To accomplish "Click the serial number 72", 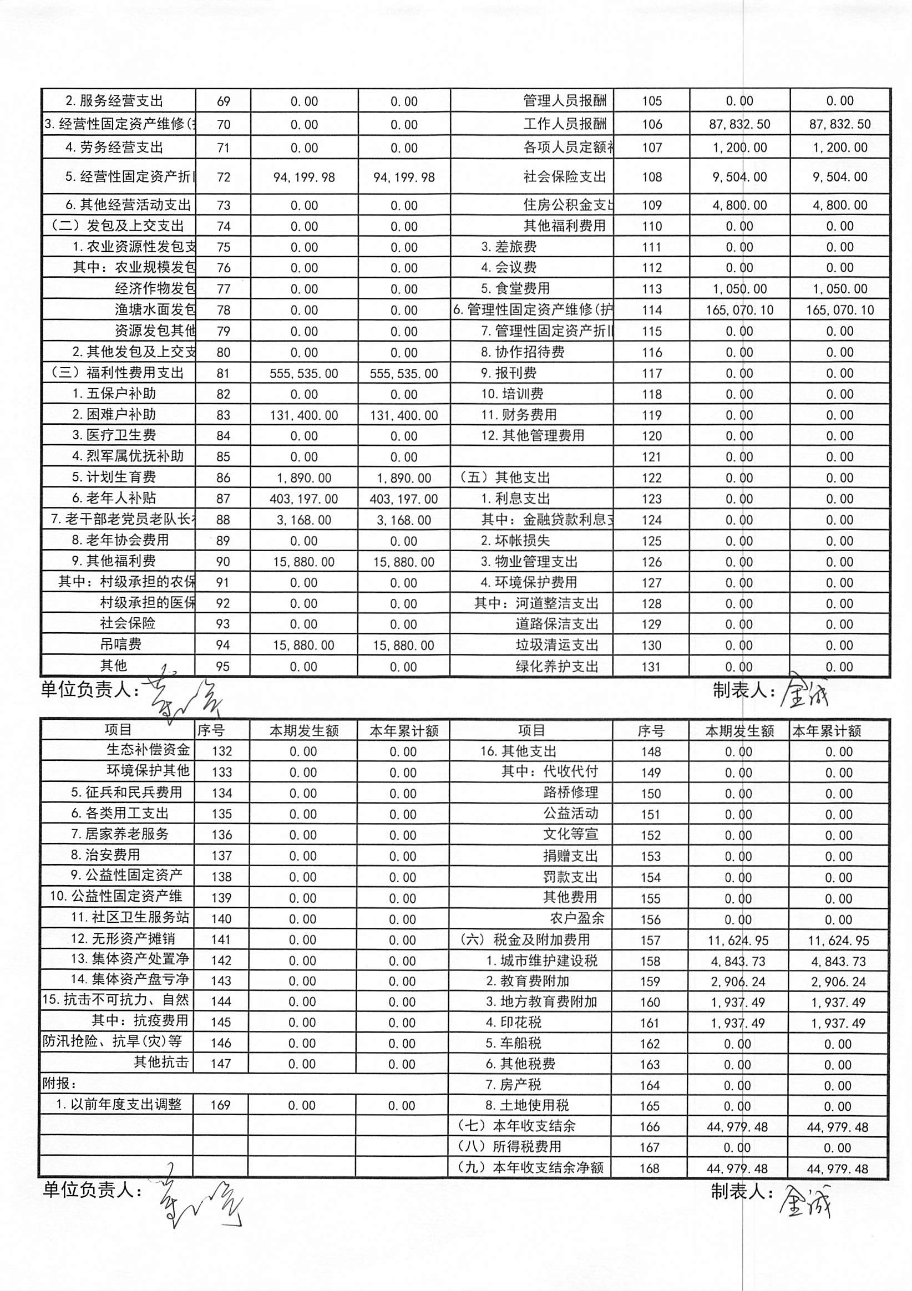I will point(224,177).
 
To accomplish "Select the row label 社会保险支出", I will point(564,177).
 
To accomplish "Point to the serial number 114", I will point(651,310).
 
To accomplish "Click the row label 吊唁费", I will point(120,644).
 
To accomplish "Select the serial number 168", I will point(649,1168).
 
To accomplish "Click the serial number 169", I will point(221,1105).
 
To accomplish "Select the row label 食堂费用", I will point(515,288).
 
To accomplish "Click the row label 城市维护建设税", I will point(541,960).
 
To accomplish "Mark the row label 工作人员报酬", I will point(564,124).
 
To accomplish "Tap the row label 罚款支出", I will point(570,877).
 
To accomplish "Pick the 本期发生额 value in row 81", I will point(304,373).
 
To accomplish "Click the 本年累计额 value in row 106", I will point(839,124).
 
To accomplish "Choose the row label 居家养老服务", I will point(120,835).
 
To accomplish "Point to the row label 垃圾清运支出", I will point(556,645).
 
